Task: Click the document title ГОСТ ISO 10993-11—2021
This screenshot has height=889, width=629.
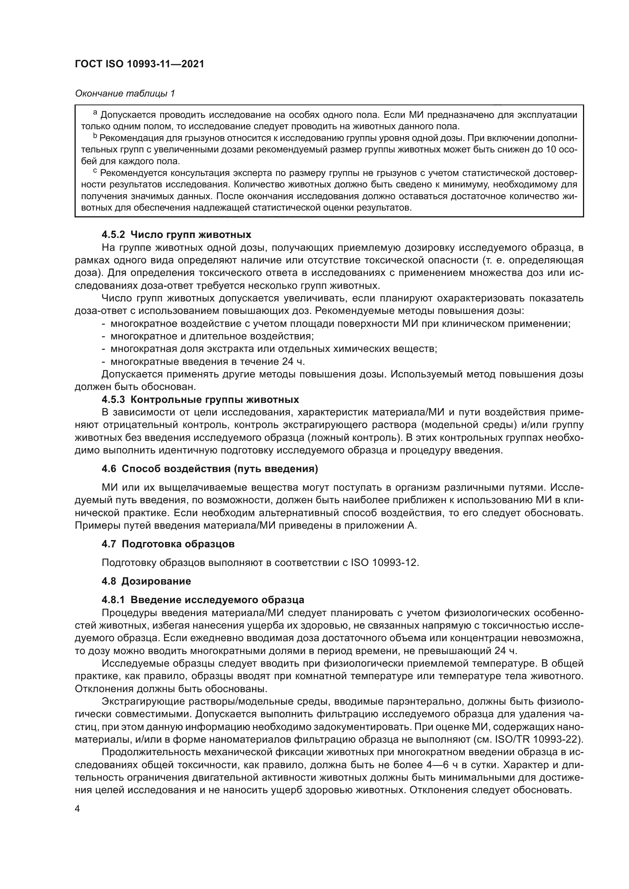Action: click(140, 64)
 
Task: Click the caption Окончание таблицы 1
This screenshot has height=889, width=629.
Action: click(125, 93)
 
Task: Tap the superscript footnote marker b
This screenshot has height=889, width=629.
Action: click(95, 136)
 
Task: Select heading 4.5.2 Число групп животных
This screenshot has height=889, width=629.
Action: click(176, 235)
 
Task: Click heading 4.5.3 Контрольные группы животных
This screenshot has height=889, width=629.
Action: click(200, 399)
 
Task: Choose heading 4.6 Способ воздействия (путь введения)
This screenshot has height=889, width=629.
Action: click(210, 469)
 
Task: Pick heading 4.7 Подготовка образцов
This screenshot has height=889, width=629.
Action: click(168, 544)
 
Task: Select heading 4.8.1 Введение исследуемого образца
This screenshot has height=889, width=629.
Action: click(203, 600)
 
